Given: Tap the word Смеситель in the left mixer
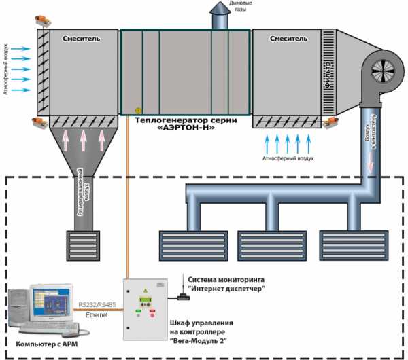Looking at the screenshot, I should [80, 39].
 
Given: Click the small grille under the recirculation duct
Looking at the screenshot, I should [83, 247].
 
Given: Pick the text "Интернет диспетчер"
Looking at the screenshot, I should [226, 289].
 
